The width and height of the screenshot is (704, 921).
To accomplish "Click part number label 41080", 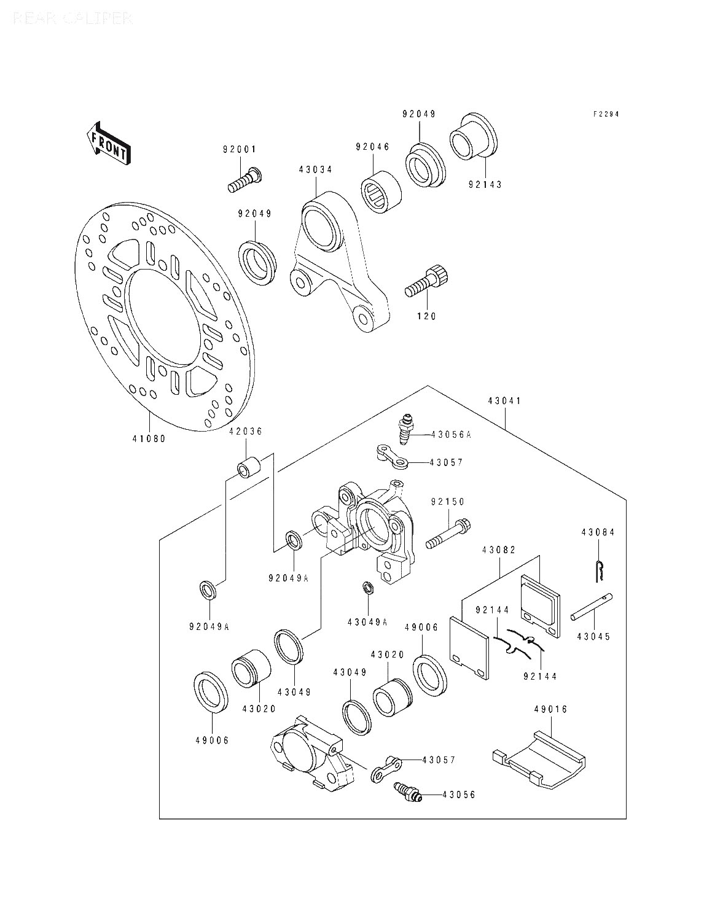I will pos(149,438).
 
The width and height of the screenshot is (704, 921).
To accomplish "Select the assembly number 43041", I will pos(504,401).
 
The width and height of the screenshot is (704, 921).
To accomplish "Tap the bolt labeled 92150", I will pos(449,533).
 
